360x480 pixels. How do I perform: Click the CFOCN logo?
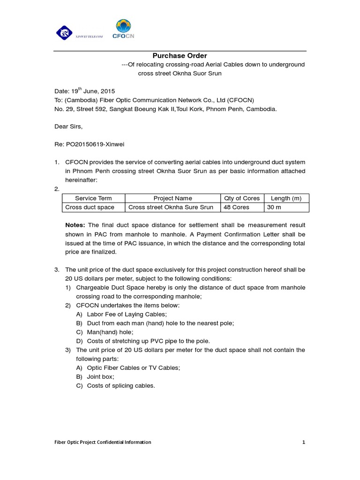(x=123, y=30)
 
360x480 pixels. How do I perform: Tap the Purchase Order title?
(x=180, y=56)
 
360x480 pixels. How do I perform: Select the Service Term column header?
(x=93, y=198)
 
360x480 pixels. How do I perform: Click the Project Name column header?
(x=172, y=198)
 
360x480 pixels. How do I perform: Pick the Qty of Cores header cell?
(x=242, y=198)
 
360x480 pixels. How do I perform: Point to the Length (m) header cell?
(x=286, y=198)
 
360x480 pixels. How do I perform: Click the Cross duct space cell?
(x=90, y=207)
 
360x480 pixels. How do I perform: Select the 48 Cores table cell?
(x=237, y=207)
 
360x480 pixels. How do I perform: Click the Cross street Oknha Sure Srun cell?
(x=171, y=207)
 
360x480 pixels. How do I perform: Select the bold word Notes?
(x=75, y=225)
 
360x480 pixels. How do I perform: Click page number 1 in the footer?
(x=304, y=442)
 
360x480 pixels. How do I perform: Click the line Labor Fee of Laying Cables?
(x=127, y=315)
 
